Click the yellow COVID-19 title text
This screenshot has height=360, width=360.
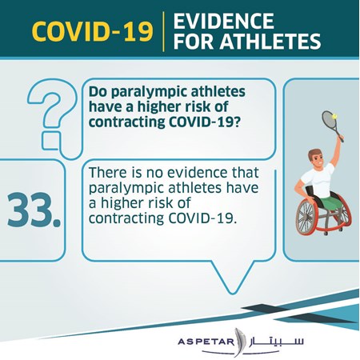coord(93,31)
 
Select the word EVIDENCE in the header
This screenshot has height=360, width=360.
coord(224,21)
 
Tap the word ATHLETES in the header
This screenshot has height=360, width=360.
coord(270,42)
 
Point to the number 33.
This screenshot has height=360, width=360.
coord(34,210)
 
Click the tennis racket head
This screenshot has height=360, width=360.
coord(330,121)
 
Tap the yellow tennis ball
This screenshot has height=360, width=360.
coord(334,116)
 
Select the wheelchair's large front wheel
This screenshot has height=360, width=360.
coord(307,217)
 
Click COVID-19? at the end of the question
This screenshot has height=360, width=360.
coord(205,122)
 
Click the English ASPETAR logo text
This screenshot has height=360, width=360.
coord(206,342)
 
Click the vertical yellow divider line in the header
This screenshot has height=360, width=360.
coord(163,31)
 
